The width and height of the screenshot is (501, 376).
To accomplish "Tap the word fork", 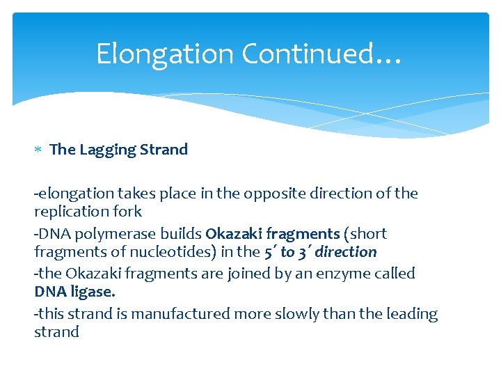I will pyautogui.click(x=128, y=211).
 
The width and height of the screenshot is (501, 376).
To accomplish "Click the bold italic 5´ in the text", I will pyautogui.click(x=268, y=252).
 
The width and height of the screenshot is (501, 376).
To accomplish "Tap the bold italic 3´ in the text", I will pyautogui.click(x=305, y=252).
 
